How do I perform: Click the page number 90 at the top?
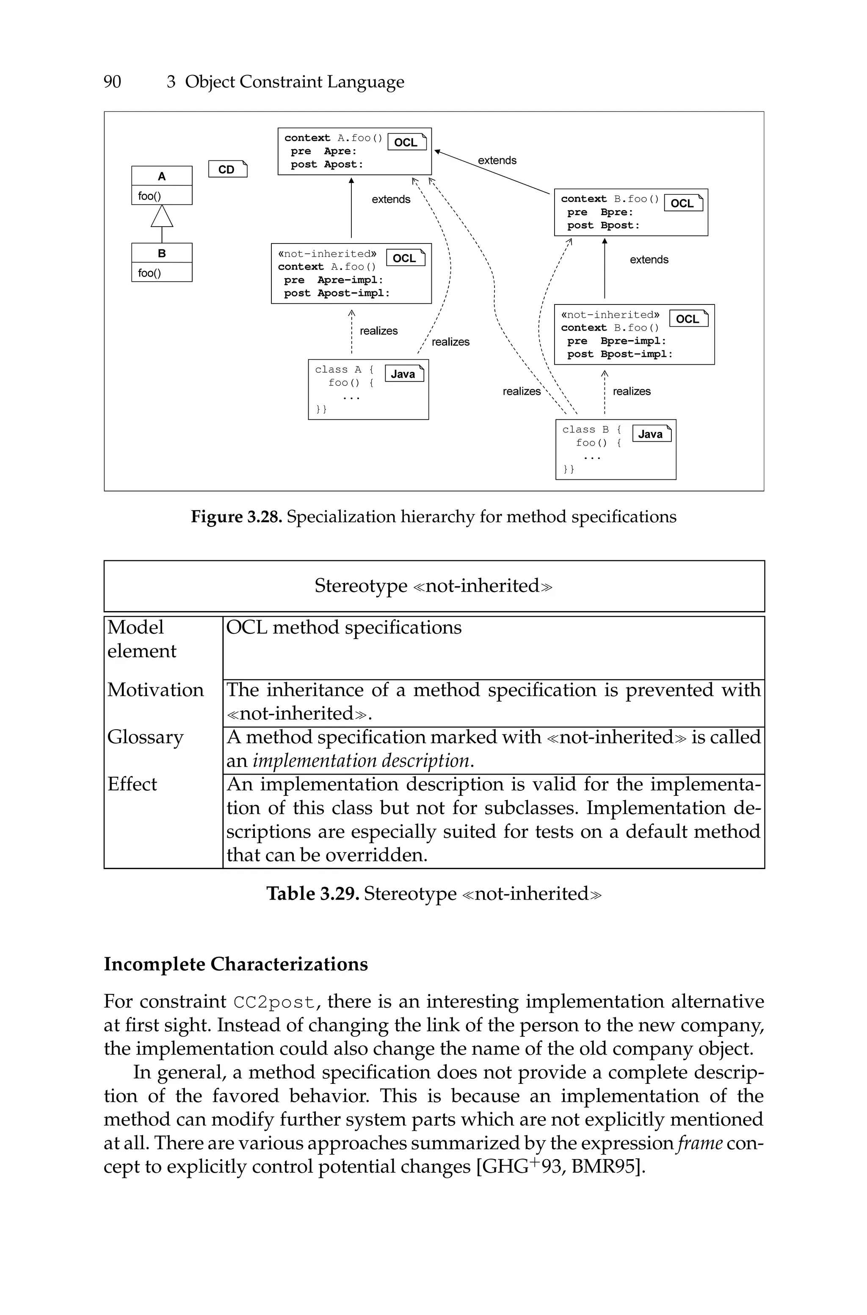click(112, 82)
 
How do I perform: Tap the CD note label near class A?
click(227, 169)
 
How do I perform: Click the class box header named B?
click(161, 253)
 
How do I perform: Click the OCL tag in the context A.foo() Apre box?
click(407, 142)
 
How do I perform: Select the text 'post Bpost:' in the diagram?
click(603, 226)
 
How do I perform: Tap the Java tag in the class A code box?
click(403, 374)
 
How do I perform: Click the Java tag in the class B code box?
click(651, 434)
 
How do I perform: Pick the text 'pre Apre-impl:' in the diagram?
click(334, 280)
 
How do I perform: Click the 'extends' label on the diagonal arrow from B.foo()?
click(497, 161)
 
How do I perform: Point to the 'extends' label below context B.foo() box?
click(649, 259)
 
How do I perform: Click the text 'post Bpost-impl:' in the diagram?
click(620, 354)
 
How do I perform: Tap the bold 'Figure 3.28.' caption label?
click(237, 517)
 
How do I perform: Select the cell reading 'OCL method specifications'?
click(343, 628)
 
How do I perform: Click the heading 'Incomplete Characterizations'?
click(235, 963)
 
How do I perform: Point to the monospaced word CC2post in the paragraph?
click(275, 1002)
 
